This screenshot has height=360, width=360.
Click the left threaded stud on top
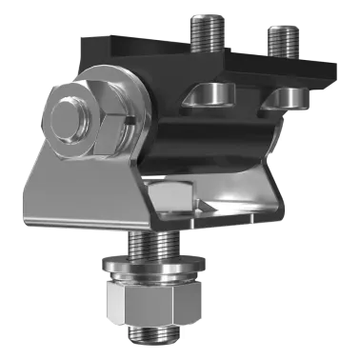click(206, 36)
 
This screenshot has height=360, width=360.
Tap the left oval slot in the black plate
click(210, 95)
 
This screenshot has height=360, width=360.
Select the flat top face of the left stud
click(206, 16)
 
